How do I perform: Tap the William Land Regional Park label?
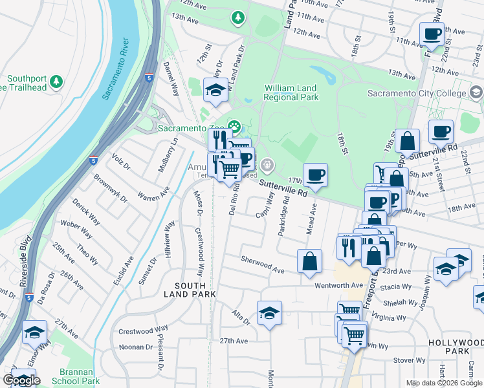pos(291,92)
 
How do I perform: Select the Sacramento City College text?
pos(417,94)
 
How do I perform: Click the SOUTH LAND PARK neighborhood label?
pos(193,290)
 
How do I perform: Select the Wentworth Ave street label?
pos(339,285)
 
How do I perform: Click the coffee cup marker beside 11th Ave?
pos(432,33)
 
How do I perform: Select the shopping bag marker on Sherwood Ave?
pos(310,260)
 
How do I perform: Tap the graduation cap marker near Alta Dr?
pos(269,312)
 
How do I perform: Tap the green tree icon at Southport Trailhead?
pos(56,81)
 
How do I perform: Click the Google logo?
pos(21,380)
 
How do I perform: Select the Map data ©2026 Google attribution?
pos(443,383)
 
